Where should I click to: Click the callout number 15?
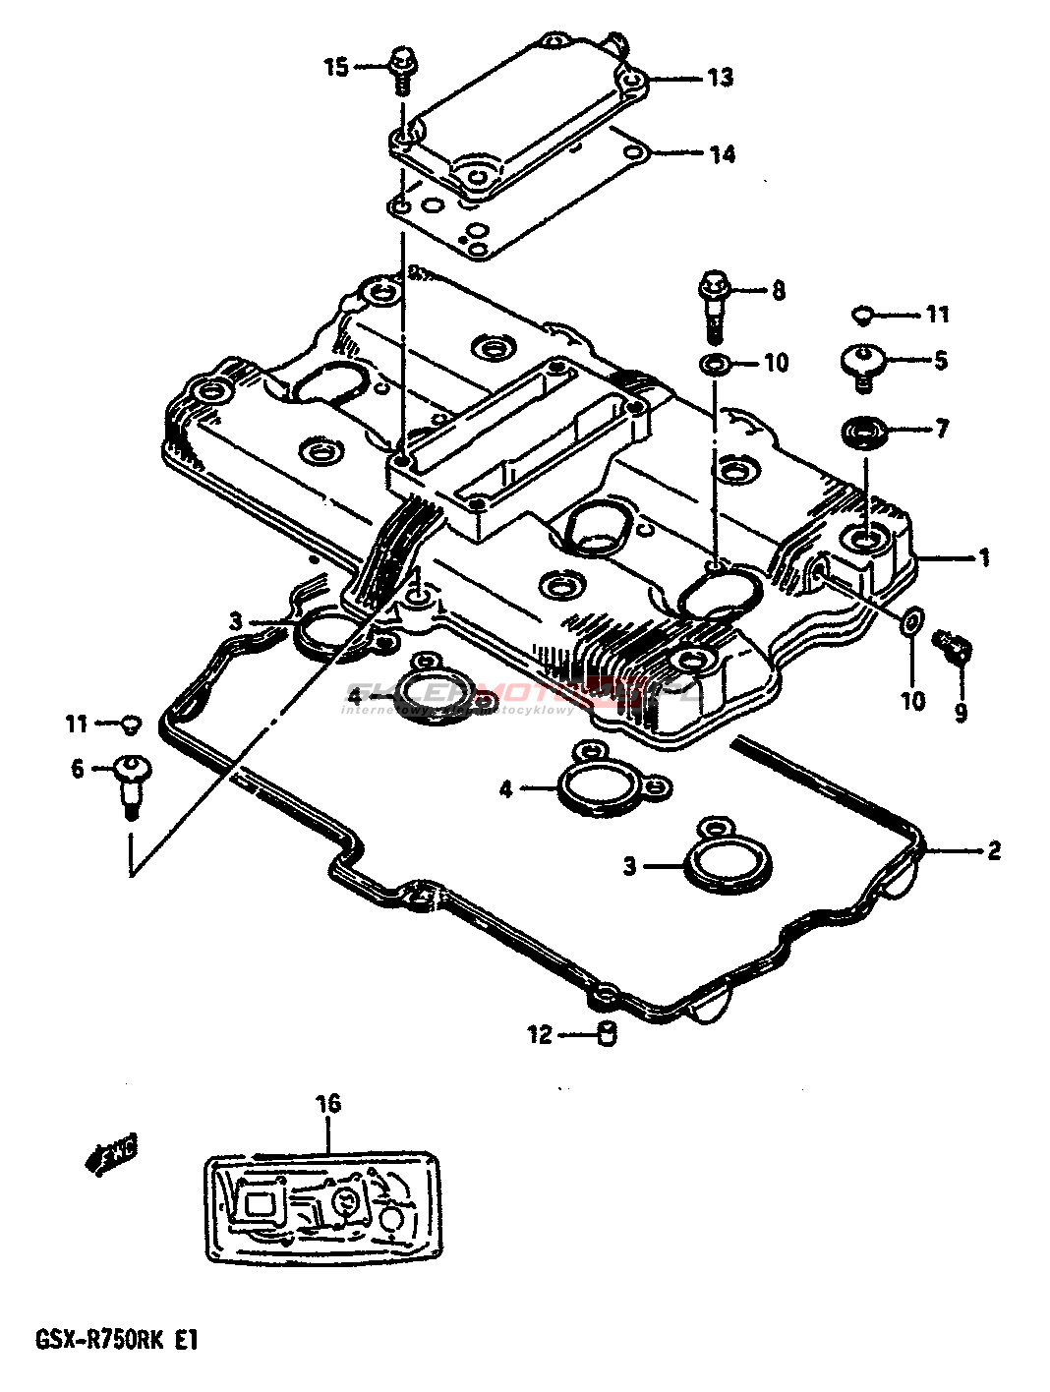(337, 68)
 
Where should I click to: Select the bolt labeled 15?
(401, 68)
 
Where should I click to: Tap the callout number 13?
(721, 77)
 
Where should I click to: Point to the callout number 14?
(722, 154)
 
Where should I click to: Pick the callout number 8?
(778, 290)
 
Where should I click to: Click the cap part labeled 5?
(862, 363)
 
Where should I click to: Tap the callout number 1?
(982, 558)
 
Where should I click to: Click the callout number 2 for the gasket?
(993, 850)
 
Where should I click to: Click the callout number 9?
(961, 711)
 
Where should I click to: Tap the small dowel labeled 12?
(608, 1034)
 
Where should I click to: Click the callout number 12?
(541, 1034)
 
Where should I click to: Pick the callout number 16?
(328, 1104)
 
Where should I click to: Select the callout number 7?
(941, 430)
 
